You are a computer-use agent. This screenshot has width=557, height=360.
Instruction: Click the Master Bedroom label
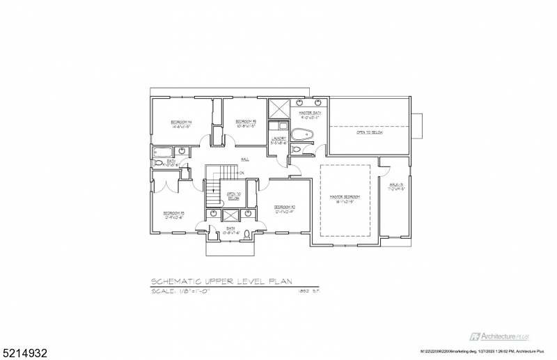(x=345, y=198)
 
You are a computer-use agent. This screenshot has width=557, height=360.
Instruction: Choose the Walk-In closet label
(x=396, y=186)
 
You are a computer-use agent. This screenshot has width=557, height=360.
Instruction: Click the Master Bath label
(x=310, y=114)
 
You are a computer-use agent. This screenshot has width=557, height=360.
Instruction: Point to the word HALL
(x=245, y=160)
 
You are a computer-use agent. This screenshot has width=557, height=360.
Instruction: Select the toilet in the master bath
(x=297, y=150)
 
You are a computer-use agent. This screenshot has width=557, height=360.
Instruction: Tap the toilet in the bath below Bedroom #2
(x=246, y=233)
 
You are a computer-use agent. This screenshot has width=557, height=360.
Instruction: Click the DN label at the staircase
(x=242, y=172)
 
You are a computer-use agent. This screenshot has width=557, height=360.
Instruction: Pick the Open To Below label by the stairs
(x=233, y=197)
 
